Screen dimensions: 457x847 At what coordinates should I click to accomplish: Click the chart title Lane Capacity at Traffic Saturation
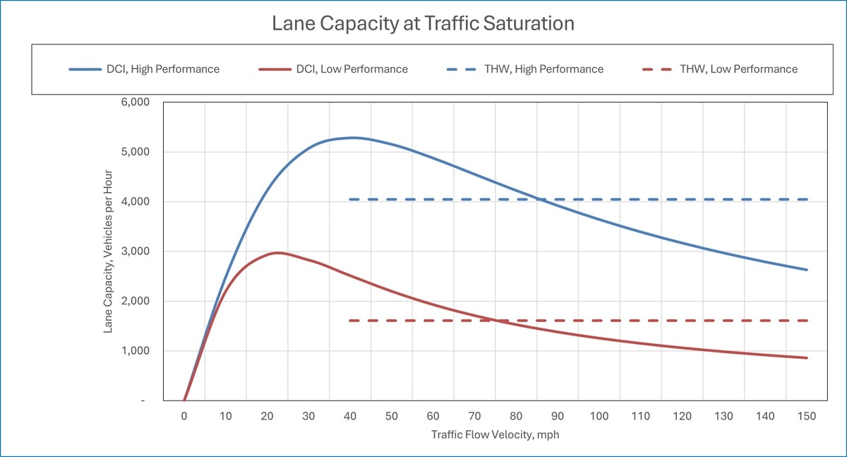point(423,23)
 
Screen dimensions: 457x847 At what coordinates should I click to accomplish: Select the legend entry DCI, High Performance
point(144,69)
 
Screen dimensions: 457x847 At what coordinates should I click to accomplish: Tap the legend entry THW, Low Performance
point(719,69)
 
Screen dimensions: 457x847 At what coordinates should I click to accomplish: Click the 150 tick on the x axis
point(806,416)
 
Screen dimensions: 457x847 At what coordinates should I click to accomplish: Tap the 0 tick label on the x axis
point(184,416)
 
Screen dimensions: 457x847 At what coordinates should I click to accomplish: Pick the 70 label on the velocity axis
point(474,416)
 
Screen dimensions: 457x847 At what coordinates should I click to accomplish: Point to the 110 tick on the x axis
point(640,416)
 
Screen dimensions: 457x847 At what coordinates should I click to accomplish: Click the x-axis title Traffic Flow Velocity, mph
point(495,435)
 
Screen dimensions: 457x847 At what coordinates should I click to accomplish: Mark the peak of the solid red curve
point(277,252)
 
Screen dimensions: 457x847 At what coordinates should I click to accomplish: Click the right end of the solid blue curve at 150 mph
point(806,270)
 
